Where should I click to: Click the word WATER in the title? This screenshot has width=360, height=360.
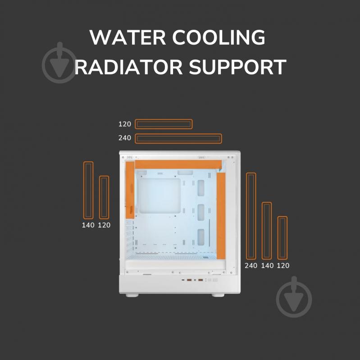point(128,37)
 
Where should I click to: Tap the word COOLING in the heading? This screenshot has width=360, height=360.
point(219,37)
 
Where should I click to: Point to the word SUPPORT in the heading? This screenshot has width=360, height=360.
point(237,67)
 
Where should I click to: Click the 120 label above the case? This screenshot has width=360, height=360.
point(125,124)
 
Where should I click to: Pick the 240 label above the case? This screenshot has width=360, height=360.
point(125,138)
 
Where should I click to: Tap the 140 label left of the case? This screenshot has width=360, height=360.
point(88,225)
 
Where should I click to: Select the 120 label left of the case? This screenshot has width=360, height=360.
point(104,225)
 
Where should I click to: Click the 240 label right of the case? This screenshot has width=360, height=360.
point(251,266)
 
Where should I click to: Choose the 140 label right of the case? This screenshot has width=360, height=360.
point(267,266)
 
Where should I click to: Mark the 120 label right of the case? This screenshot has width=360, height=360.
point(283,266)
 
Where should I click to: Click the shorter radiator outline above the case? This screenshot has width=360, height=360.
point(164,119)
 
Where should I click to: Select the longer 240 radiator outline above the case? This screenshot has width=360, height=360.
point(178,134)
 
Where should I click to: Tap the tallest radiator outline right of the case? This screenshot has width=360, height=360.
point(247,216)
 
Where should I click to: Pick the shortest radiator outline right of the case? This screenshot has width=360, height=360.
point(278,238)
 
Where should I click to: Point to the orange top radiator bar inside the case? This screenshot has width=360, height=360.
point(178,164)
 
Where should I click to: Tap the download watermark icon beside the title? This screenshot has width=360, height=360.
point(59,63)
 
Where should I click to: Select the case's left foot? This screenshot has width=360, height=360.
point(132,295)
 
